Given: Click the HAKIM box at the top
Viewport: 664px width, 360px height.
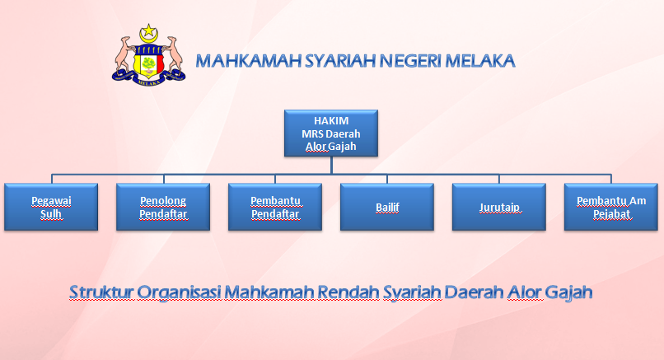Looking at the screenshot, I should coord(331,133).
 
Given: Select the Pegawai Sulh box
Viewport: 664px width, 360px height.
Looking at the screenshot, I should coord(51,207).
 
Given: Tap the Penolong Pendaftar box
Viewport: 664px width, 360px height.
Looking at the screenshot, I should coord(163,207).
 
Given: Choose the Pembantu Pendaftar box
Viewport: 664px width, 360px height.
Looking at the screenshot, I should coord(275,207).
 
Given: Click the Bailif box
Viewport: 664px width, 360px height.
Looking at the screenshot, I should coord(387,207).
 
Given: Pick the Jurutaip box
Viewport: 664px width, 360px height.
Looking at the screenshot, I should coord(499,207).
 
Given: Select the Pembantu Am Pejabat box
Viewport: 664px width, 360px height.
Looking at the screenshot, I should coord(610,207).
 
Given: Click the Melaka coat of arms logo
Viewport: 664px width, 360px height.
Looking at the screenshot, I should coord(149,56).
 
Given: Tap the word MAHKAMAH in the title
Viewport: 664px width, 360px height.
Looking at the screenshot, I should coord(239,61).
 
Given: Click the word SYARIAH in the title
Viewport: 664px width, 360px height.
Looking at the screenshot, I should coord(325,61).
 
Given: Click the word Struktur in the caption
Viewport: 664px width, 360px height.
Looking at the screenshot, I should coord(100,292).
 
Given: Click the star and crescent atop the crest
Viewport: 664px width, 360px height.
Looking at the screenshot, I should coord(149,32).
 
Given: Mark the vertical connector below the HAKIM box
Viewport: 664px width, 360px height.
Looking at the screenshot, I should coord(331,165).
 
